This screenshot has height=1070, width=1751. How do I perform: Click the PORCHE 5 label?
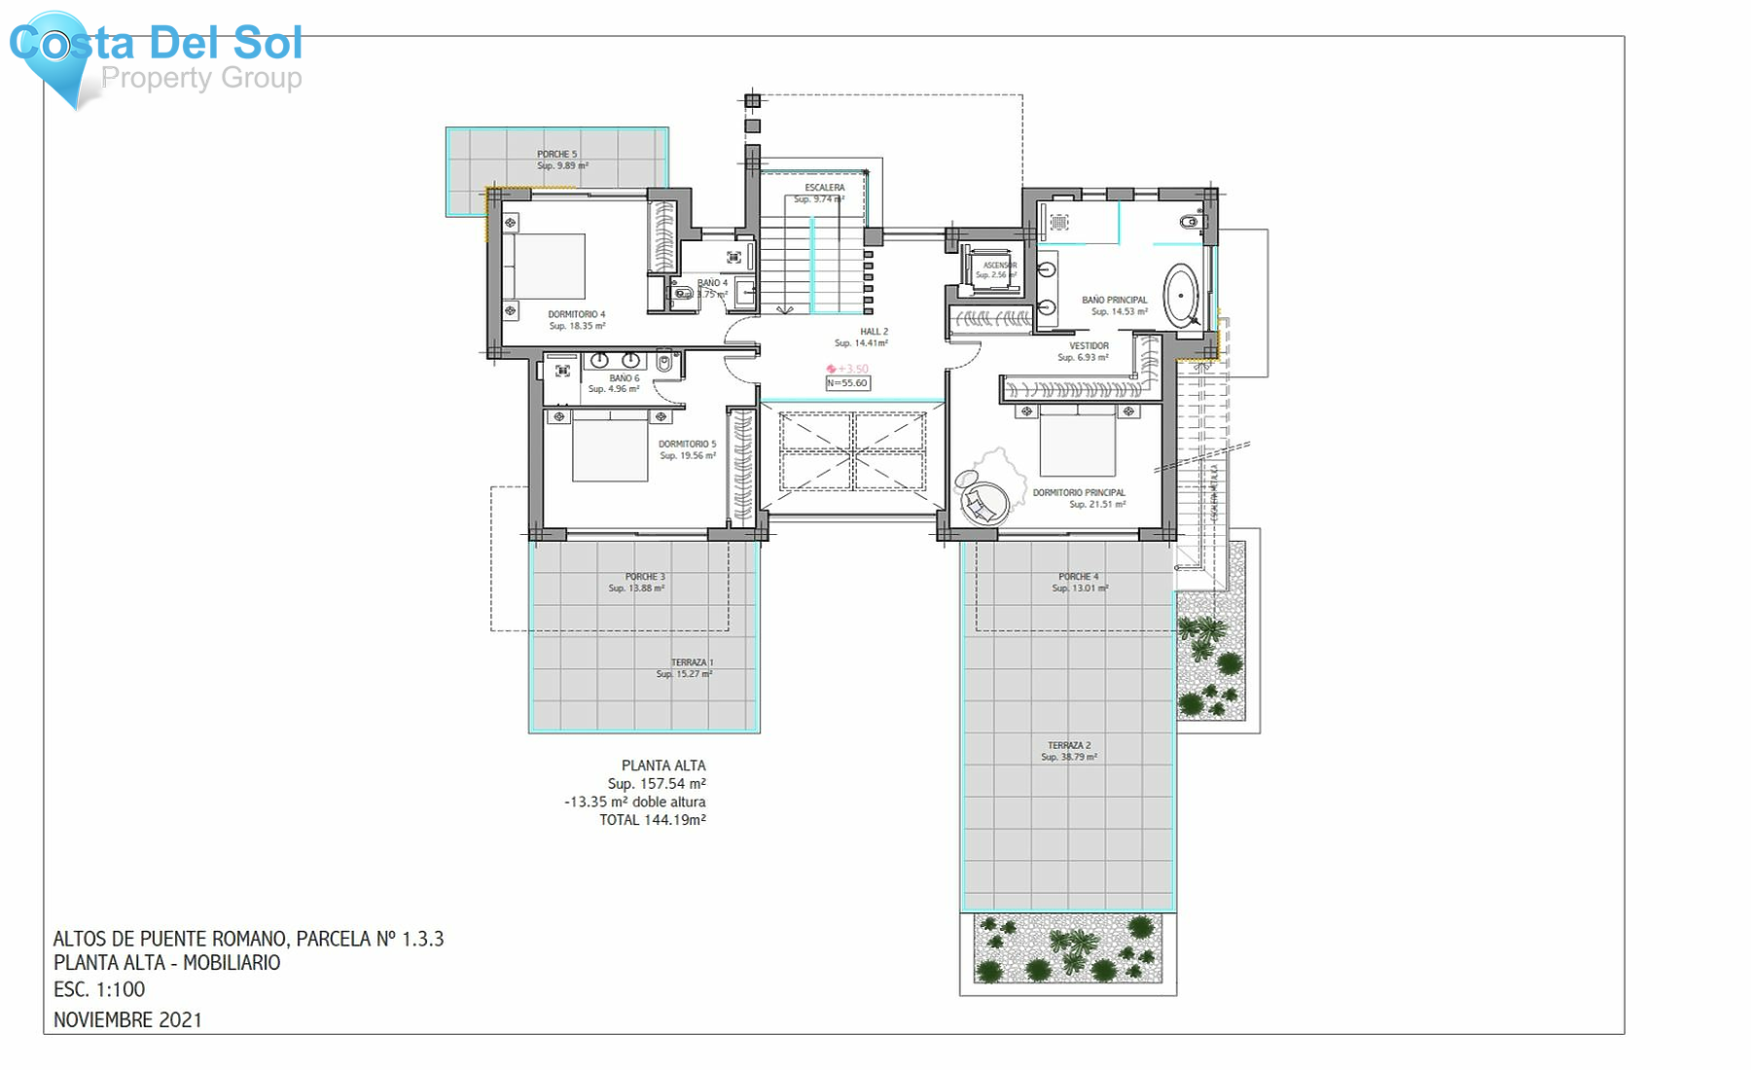coord(556,155)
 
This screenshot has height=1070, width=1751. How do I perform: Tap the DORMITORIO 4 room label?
coord(576,315)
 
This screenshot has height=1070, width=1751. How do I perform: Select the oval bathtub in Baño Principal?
coord(1182,296)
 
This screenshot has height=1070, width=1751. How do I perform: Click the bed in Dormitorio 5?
coord(610,446)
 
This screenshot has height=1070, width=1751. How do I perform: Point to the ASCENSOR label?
coord(999,266)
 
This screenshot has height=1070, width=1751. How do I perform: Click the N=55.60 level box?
coord(847,383)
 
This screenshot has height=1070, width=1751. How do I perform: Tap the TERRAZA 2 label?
coord(1069,746)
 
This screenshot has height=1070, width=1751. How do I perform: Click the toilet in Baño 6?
coord(664,364)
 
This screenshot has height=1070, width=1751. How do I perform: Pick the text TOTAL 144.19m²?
coord(652,820)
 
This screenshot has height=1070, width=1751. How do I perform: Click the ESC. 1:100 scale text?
coord(99,989)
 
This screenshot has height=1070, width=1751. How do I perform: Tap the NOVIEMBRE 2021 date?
coord(127,1019)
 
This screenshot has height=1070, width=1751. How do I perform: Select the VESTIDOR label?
coord(1089,346)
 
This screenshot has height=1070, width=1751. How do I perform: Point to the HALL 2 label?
coord(874,332)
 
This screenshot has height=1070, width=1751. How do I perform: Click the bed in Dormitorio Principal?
coord(1077,441)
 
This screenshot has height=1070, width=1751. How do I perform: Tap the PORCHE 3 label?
coord(645,577)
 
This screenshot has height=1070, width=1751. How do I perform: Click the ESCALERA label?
coord(824,188)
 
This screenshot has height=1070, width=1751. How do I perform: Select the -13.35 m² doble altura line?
coord(634,802)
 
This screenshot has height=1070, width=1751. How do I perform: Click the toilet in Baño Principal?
coord(1190,222)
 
